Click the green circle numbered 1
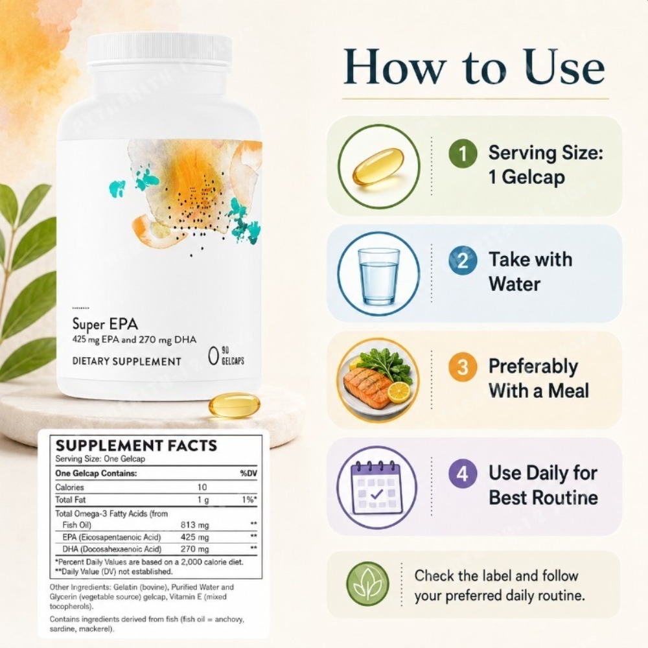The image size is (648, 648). (x=463, y=154)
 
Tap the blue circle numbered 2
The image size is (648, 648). (x=463, y=260)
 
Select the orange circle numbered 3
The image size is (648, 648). (x=463, y=367)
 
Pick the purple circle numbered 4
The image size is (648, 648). (x=463, y=474)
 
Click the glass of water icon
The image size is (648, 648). (x=378, y=275)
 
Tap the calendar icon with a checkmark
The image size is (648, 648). (x=376, y=488)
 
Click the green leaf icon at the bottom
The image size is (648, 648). (x=367, y=583)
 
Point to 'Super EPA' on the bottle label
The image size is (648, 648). (x=105, y=324)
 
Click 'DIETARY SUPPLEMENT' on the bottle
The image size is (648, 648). (x=127, y=361)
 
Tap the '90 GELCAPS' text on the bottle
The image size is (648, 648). (x=233, y=356)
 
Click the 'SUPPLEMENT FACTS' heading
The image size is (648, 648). (x=136, y=446)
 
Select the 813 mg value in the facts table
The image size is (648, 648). (x=194, y=525)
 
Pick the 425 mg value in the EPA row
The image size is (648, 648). (x=194, y=537)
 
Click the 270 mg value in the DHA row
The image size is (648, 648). (x=194, y=549)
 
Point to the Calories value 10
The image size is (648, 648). (x=202, y=487)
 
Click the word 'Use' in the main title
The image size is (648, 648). (x=565, y=67)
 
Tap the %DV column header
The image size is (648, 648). (x=249, y=473)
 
